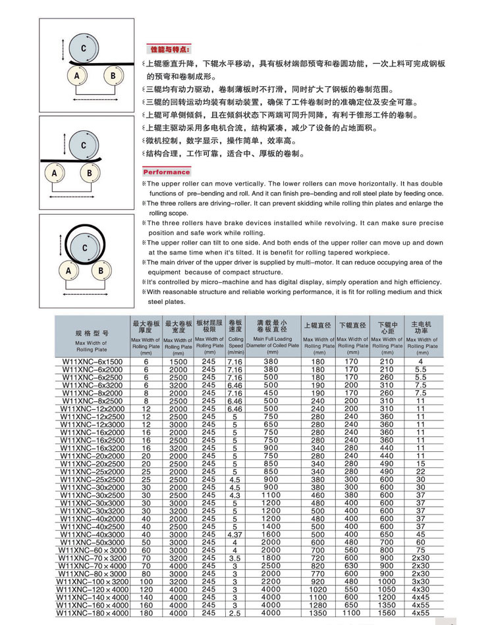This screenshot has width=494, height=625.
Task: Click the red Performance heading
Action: coord(167,172)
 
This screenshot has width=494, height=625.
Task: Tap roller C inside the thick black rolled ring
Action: coord(84,247)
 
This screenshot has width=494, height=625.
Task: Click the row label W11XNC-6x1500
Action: coord(92,362)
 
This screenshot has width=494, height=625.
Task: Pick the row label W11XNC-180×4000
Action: coord(92,613)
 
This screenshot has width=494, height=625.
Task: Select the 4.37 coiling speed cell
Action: coord(235,535)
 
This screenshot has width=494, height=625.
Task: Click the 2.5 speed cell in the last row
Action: coord(235,613)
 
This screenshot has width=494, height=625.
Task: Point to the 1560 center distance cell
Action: coord(387,613)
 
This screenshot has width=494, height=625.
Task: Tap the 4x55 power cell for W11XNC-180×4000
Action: coord(420,613)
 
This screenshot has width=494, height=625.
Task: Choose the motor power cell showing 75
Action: coord(420,550)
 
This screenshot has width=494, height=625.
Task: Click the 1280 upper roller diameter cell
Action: coord(319,605)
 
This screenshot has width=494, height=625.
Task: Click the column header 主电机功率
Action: coord(420,327)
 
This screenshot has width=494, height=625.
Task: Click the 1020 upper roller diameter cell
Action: coord(319,589)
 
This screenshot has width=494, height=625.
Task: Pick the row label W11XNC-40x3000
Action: coord(92,535)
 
